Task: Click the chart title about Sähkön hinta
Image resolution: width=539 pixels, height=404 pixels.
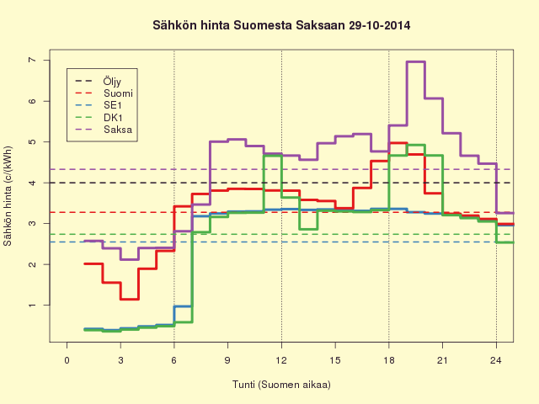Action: pos(281,25)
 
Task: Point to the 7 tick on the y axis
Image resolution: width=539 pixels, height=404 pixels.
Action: pos(32,60)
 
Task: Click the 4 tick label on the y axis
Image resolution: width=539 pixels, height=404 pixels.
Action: pos(32,183)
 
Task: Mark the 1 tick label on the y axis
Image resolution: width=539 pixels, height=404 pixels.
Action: pos(32,305)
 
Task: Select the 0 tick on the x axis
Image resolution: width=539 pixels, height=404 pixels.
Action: pos(67,360)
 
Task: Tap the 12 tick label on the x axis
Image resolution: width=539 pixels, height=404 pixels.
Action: pos(281,360)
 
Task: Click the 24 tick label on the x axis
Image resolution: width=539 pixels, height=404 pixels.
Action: pos(496,360)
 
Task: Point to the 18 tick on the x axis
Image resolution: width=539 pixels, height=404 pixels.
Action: pos(389,360)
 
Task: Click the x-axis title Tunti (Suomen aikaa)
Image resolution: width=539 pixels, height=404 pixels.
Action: pos(281,385)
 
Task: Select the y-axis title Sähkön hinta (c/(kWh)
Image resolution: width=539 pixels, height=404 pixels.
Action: pos(8,196)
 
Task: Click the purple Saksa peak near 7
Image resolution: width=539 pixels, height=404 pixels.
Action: pos(416,61)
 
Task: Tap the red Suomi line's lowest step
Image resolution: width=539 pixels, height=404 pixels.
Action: pos(129,300)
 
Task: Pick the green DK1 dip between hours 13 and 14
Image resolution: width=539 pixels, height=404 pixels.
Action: pos(308,229)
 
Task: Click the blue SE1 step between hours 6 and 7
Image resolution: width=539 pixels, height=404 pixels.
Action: pos(183,306)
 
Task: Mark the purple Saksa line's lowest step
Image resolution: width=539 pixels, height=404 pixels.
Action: pos(129,259)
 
